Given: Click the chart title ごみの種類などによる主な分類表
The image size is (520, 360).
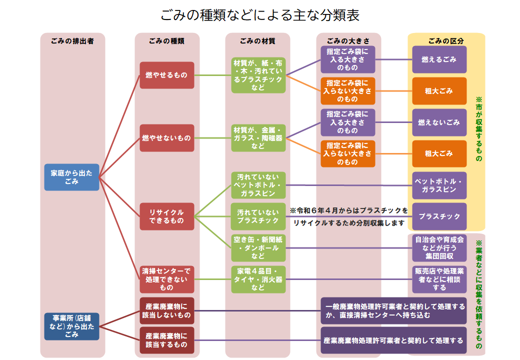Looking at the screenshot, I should pyautogui.click(x=260, y=15).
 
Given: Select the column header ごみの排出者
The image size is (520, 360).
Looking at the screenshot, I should pyautogui.click(x=72, y=41).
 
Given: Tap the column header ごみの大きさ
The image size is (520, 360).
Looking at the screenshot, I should pyautogui.click(x=348, y=41).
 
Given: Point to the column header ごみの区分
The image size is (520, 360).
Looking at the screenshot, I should pyautogui.click(x=446, y=41).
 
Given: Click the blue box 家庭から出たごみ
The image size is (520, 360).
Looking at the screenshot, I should pyautogui.click(x=71, y=177).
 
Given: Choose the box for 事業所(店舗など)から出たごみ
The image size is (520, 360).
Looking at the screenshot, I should pyautogui.click(x=71, y=326).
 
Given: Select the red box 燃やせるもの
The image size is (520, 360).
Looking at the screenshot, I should pyautogui.click(x=166, y=75).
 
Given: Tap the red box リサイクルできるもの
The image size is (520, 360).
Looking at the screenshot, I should pyautogui.click(x=166, y=216).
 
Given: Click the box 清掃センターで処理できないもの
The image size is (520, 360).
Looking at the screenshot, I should pyautogui.click(x=166, y=279).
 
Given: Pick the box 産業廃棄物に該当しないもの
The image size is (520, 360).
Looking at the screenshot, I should pyautogui.click(x=166, y=310).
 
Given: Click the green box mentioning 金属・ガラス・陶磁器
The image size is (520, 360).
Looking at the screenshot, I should pyautogui.click(x=258, y=138).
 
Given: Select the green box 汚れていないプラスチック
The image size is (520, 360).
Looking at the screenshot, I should pyautogui.click(x=258, y=216).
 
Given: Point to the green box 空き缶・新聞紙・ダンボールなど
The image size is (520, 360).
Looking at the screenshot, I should pyautogui.click(x=258, y=247).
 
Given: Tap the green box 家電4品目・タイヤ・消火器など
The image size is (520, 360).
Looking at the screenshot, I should pyautogui.click(x=258, y=279).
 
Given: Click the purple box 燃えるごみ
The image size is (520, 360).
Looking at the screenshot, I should pyautogui.click(x=439, y=59).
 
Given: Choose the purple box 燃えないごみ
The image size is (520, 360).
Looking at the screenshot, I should pyautogui.click(x=439, y=122).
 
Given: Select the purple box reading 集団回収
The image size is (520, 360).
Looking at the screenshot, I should pyautogui.click(x=439, y=247).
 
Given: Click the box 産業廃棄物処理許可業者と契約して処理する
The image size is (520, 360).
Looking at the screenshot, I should pyautogui.click(x=393, y=340).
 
